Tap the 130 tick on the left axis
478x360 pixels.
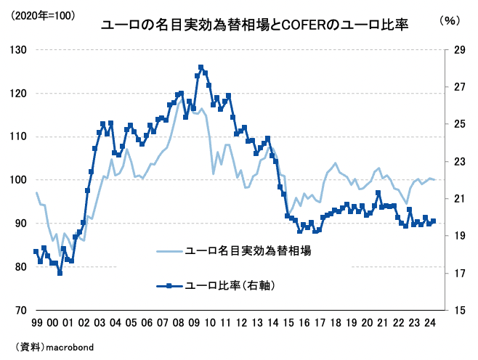[x=17, y=50]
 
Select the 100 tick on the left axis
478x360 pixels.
[x=17, y=180]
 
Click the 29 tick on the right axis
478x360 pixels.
[x=458, y=50]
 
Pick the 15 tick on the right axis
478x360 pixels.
[x=458, y=310]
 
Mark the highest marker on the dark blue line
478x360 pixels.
[x=200, y=67]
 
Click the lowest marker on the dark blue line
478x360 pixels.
[x=60, y=273]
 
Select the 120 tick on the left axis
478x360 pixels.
[x=17, y=93]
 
